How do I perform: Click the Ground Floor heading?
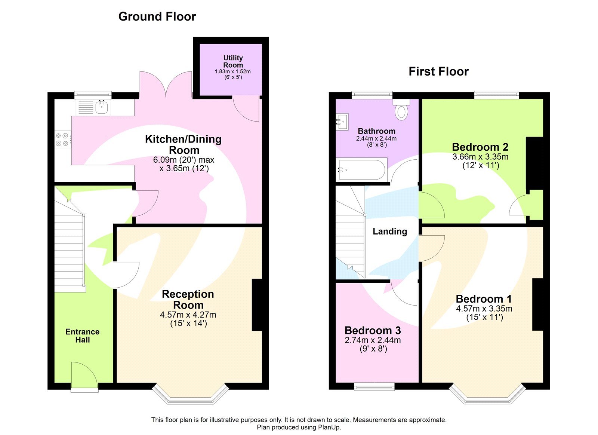[157, 16]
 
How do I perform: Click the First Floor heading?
[438, 71]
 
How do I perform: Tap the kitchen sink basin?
[102, 107]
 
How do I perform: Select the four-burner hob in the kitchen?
[62, 139]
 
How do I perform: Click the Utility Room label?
[233, 61]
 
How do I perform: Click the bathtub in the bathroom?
[361, 169]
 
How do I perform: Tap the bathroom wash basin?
[342, 121]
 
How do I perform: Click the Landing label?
[390, 232]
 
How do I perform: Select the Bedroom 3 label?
[373, 331]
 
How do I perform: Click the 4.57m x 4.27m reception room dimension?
[188, 315]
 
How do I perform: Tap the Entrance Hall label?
[82, 336]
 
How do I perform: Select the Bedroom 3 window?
[374, 387]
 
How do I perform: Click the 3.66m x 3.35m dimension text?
[480, 157]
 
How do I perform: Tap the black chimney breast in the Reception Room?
[257, 305]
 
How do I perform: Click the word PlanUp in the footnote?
[329, 427]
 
